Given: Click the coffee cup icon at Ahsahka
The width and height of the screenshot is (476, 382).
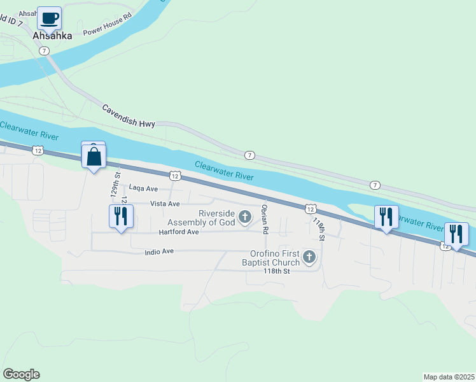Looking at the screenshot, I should (x=49, y=18).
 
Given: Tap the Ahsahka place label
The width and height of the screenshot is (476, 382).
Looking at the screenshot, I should (x=52, y=36).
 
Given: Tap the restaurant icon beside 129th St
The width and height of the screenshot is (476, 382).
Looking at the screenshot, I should (x=121, y=216).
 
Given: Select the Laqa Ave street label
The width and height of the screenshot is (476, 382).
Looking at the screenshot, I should (x=143, y=188).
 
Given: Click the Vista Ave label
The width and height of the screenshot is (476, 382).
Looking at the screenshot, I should (x=165, y=203).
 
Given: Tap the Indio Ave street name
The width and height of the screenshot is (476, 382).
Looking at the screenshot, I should (x=159, y=251).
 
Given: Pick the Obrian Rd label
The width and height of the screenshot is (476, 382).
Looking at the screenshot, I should (x=265, y=219).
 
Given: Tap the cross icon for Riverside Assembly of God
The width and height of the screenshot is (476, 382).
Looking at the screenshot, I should (x=244, y=218).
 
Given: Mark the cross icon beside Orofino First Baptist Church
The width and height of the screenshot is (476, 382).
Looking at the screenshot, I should (x=309, y=257).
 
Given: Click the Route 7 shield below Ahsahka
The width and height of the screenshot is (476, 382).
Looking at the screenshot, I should (x=44, y=50).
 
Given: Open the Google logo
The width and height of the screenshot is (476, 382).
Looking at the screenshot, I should (x=21, y=374).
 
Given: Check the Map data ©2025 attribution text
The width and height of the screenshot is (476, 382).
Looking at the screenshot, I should (x=449, y=376).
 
